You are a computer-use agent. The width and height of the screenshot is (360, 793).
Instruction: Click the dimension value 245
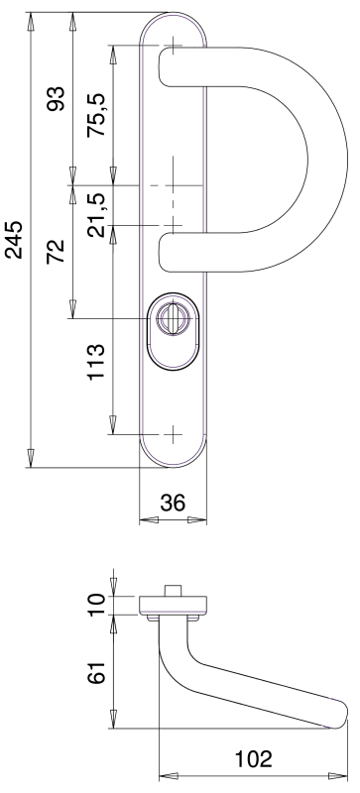pos(15,240)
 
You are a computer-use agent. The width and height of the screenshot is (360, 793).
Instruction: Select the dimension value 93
pos(57,98)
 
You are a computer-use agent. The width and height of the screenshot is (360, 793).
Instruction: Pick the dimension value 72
pos(57,251)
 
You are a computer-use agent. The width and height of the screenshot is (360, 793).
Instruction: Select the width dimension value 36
pos(174,503)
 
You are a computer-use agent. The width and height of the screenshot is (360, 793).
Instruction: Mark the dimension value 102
pos(253,759)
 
